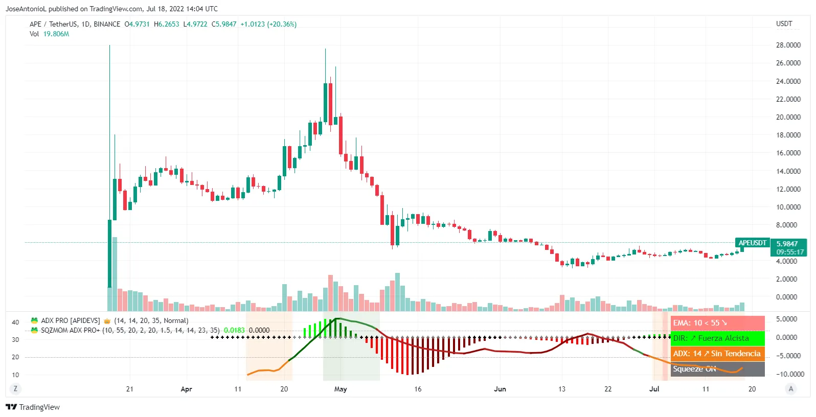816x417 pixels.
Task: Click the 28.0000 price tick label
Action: pos(788,45)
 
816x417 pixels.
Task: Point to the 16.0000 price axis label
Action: pos(788,153)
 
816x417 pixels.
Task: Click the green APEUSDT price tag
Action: pos(752,243)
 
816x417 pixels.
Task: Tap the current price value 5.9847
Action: pos(787,244)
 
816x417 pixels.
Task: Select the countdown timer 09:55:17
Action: pos(790,252)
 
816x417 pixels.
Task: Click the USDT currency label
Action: pos(784,24)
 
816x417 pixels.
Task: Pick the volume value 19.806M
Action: pos(56,34)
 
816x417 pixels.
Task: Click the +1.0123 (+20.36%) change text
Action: pos(268,24)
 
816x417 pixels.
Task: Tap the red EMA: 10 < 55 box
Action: pos(717,323)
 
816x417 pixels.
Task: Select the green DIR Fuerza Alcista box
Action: pos(717,338)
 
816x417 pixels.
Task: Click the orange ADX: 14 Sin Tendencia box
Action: pos(717,354)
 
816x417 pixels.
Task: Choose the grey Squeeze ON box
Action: pos(717,369)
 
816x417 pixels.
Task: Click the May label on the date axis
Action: pos(341,389)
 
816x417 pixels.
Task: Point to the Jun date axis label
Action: pos(500,389)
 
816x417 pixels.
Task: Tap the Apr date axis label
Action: pos(186,389)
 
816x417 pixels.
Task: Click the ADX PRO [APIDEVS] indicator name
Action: pos(71,320)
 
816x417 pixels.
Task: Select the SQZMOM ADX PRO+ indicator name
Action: pos(71,330)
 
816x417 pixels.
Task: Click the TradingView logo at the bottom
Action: pos(33,407)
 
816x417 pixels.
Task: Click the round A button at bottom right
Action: pos(791,389)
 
